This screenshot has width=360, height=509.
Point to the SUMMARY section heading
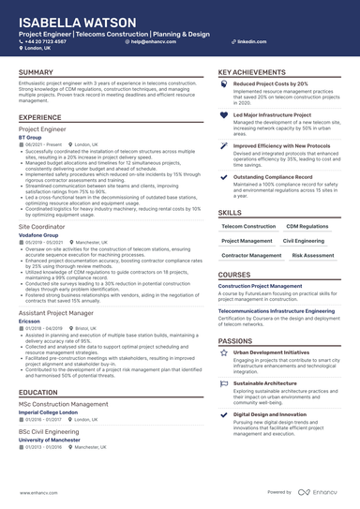click(x=36, y=72)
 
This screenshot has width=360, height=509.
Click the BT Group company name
click(x=30, y=137)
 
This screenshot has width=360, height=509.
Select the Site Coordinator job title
click(x=43, y=227)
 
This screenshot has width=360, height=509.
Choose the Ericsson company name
click(x=29, y=322)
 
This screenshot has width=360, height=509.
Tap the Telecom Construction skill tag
click(x=248, y=226)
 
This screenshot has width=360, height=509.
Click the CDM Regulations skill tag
click(x=307, y=226)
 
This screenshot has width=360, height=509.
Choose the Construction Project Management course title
click(x=260, y=285)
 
